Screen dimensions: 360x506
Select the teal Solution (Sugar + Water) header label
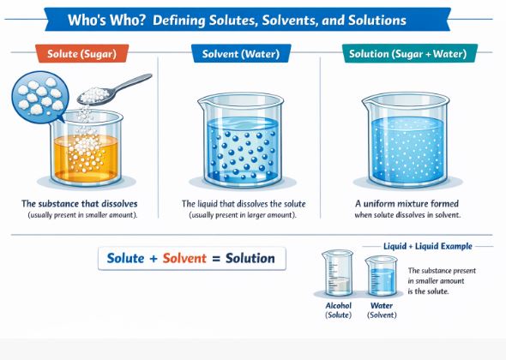tap(411, 54)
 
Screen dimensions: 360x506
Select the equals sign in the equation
tap(214, 258)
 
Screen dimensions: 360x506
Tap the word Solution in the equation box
tap(250, 258)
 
